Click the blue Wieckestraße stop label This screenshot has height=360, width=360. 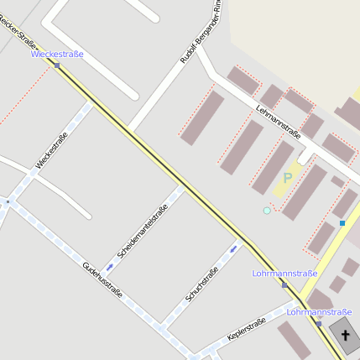[x=57, y=55]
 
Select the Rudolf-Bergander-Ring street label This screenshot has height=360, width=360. [x=201, y=34]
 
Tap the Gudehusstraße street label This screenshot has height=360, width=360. [x=102, y=281]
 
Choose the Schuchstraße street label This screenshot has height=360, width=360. [x=202, y=284]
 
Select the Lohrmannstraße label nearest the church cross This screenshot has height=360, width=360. [x=313, y=312]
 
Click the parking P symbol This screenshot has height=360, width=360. [x=288, y=178]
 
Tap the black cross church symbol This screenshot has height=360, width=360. [x=345, y=335]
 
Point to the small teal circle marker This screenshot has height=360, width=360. [x=267, y=211]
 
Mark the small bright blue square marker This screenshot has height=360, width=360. [x=342, y=223]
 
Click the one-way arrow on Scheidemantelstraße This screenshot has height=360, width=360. [x=109, y=268]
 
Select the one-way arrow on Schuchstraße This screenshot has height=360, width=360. [x=234, y=248]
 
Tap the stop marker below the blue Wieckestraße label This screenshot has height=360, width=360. [x=57, y=65]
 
